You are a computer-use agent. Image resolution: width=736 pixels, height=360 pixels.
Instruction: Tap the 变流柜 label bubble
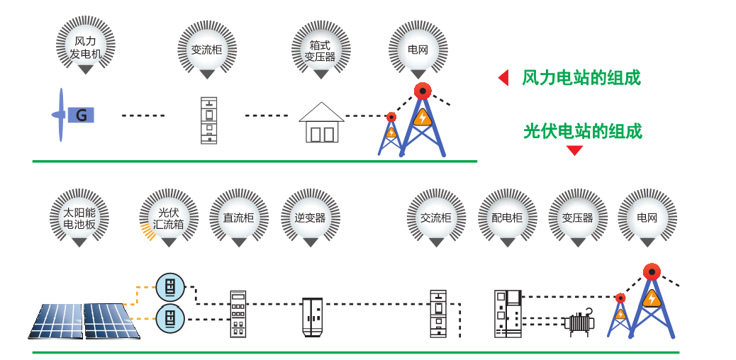[x=206, y=50]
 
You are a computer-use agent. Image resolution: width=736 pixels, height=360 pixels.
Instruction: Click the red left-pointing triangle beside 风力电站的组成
[x=503, y=78]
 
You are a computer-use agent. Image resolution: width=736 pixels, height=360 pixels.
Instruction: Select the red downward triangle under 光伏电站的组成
[x=574, y=150]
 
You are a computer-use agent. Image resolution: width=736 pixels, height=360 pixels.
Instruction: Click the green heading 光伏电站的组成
[x=582, y=131]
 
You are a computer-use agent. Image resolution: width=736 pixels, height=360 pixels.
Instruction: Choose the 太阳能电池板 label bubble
[x=79, y=218]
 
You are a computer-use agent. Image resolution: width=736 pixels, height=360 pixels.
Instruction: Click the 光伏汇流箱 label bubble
[x=169, y=218]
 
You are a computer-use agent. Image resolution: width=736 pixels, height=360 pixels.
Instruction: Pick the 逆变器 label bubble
[x=310, y=218]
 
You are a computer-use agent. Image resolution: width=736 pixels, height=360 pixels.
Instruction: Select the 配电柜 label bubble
[x=506, y=218]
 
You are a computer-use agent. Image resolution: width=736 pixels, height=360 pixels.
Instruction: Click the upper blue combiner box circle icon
[x=170, y=287]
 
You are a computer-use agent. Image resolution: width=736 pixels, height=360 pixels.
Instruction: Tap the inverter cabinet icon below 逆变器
[x=312, y=317]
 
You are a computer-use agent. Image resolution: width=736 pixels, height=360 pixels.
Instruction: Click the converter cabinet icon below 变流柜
[x=208, y=120]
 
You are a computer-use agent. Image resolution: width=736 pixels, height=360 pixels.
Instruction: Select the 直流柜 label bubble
[x=238, y=218]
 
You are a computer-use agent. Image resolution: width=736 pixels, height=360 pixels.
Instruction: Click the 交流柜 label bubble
[x=435, y=218]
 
